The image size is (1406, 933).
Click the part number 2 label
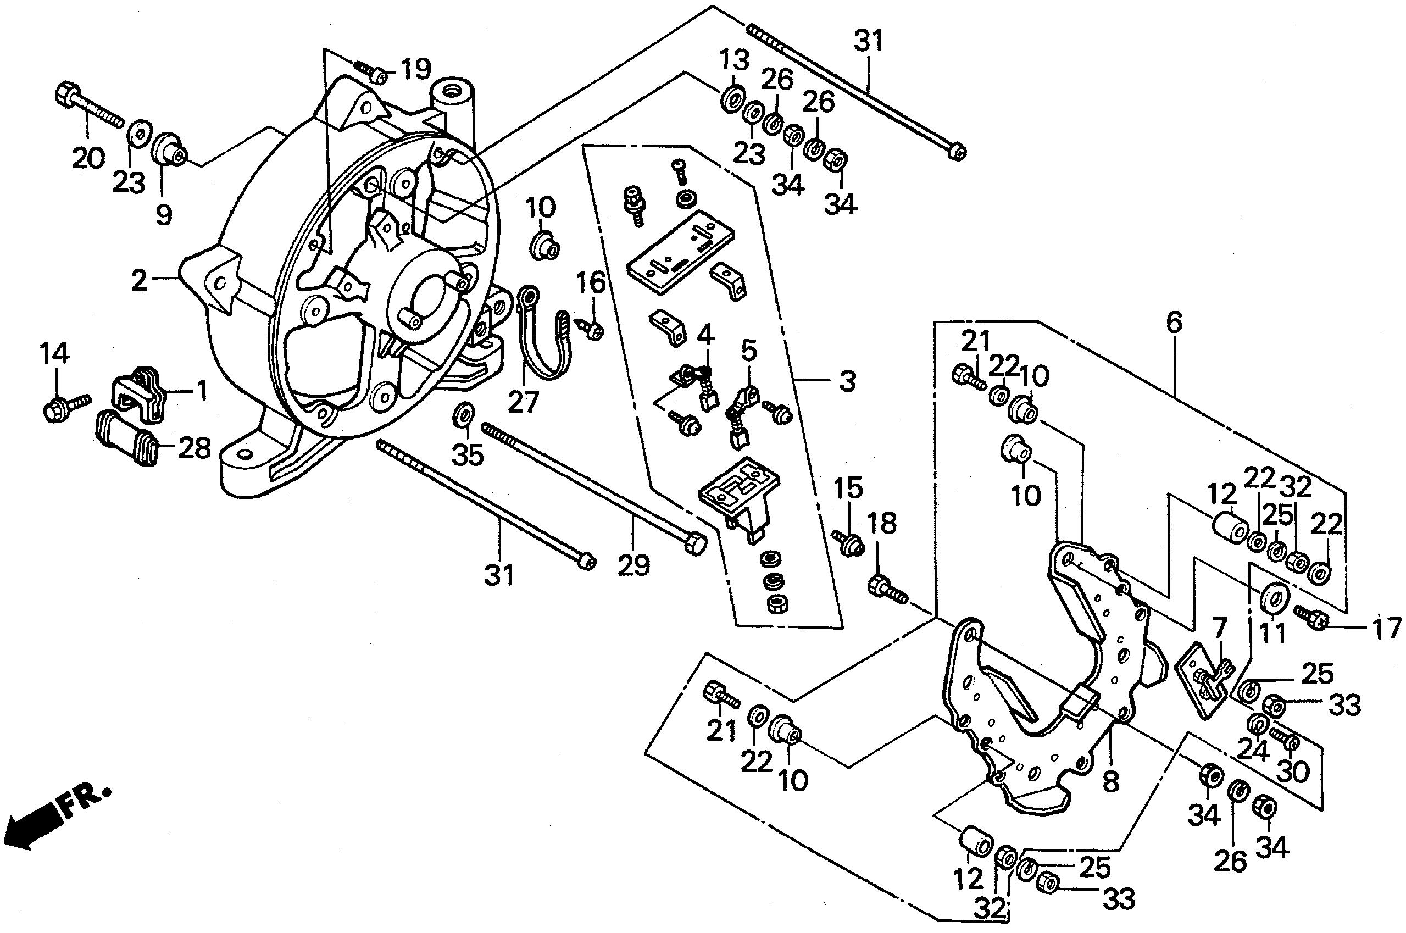pos(139,280)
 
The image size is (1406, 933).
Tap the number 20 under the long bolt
pos(87,158)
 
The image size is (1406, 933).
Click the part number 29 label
pos(633,565)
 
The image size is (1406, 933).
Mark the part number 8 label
pos(1110,781)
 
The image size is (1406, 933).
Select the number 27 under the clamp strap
pos(523,401)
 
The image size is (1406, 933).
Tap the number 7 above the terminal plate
pos(1219,627)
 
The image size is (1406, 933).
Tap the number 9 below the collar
pos(163,214)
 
